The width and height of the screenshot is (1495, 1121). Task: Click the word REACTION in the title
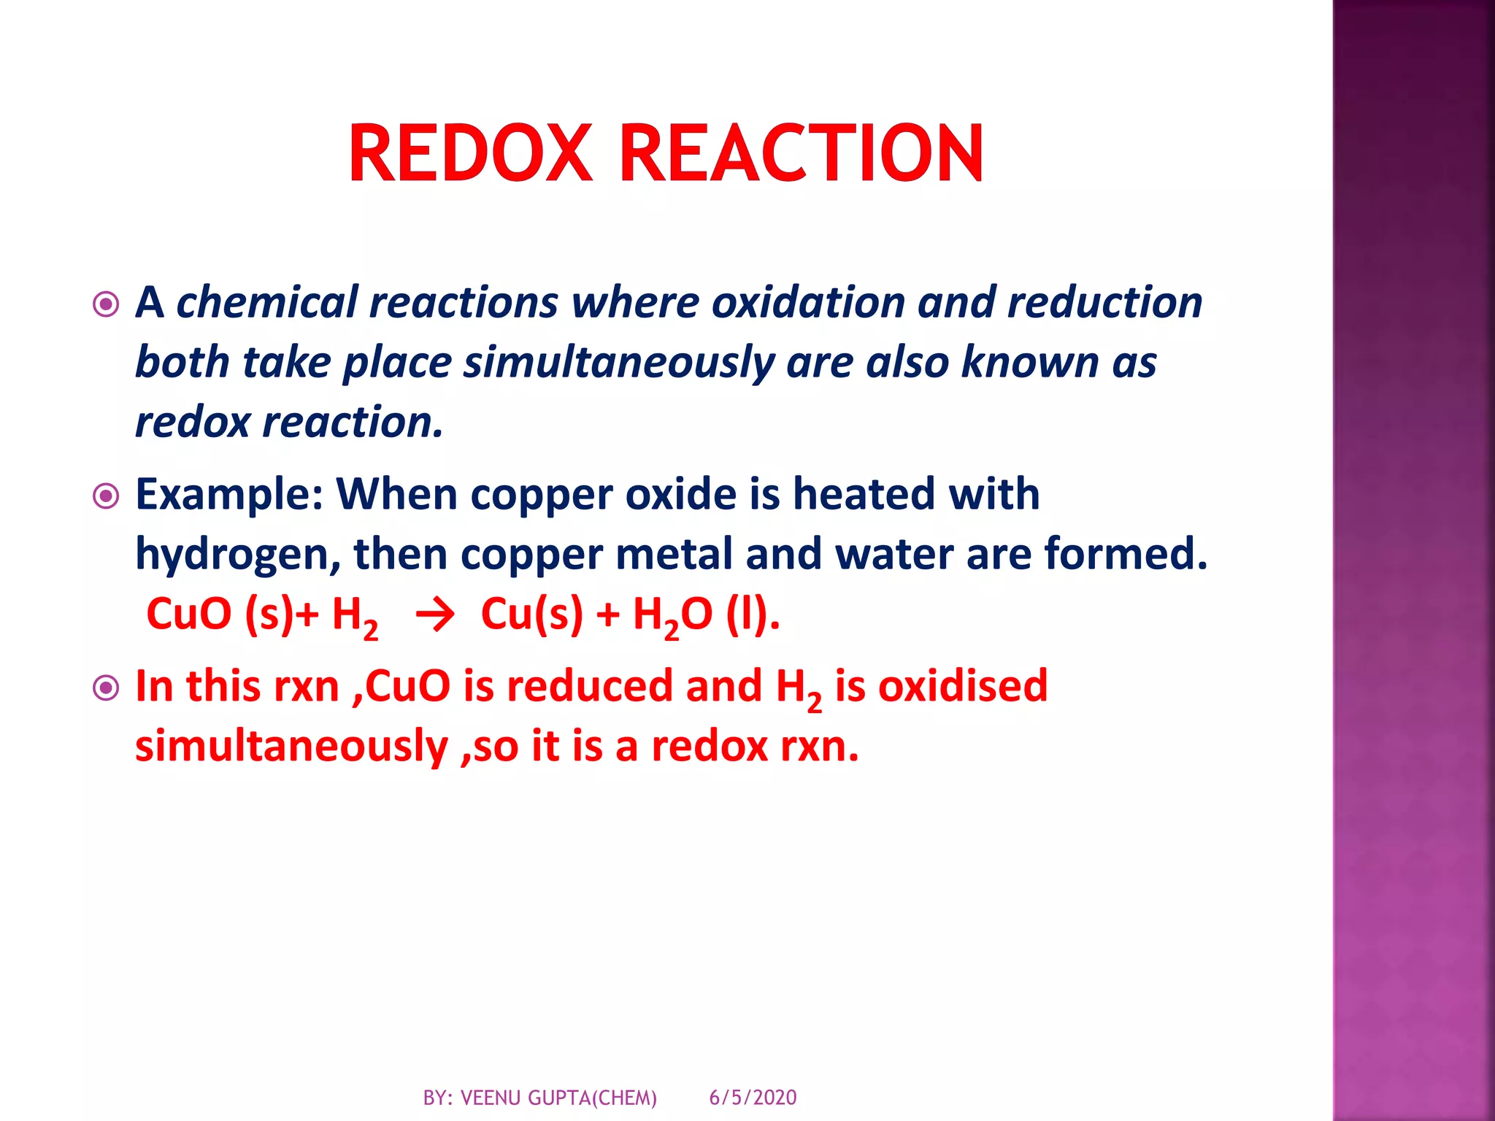click(x=802, y=153)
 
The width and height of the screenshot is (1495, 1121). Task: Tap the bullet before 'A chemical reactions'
click(x=107, y=304)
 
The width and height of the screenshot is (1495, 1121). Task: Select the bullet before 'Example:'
click(x=107, y=496)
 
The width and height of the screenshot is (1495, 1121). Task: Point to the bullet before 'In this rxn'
click(x=107, y=687)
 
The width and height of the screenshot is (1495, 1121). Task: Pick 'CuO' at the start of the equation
click(x=189, y=614)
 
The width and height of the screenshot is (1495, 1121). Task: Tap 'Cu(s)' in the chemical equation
click(x=532, y=614)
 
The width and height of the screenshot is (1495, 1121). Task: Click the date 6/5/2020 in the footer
click(x=753, y=1097)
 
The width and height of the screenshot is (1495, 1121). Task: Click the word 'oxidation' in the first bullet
click(x=808, y=302)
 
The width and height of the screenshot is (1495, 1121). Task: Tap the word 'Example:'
click(x=229, y=495)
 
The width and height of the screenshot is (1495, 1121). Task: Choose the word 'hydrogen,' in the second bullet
click(x=238, y=555)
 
